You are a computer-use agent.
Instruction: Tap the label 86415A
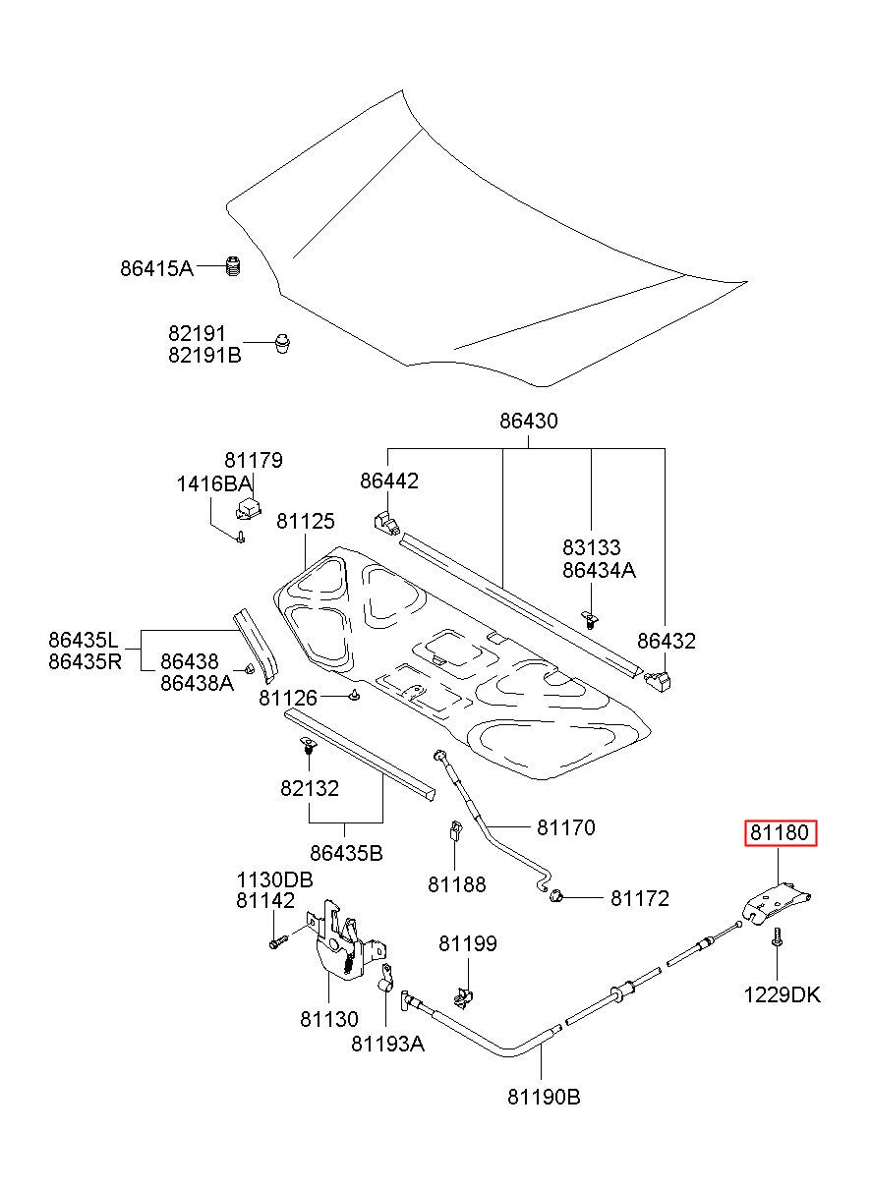click(x=156, y=268)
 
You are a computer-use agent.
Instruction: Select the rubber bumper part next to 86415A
click(x=232, y=265)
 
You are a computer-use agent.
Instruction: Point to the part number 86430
click(x=529, y=422)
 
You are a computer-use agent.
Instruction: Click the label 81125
click(x=306, y=521)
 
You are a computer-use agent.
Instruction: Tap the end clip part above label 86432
click(x=659, y=680)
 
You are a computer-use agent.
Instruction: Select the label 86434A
click(x=599, y=570)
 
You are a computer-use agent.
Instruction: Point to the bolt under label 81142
click(x=278, y=942)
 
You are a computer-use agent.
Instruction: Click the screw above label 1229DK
click(x=777, y=936)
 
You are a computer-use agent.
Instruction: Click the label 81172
click(x=640, y=898)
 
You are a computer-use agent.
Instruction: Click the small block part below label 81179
click(x=247, y=507)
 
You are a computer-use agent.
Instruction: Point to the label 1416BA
click(x=213, y=484)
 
